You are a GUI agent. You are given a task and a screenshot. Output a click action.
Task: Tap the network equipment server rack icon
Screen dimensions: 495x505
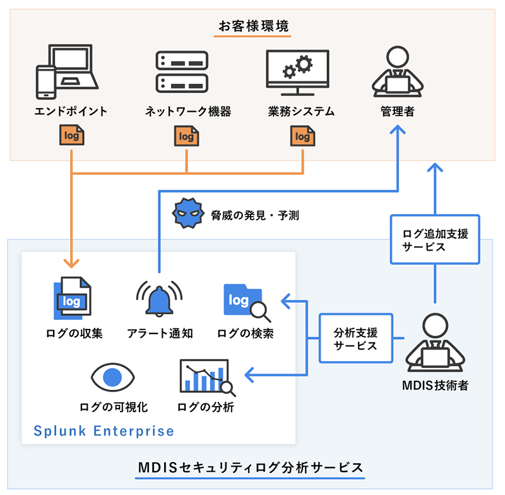pyautogui.click(x=182, y=71)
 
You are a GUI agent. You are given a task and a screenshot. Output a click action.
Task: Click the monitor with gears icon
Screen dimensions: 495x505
pyautogui.click(x=297, y=71)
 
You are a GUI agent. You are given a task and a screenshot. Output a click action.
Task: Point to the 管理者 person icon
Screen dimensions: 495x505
pyautogui.click(x=397, y=71)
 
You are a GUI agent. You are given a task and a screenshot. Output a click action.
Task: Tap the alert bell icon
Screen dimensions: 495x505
pyautogui.click(x=159, y=297)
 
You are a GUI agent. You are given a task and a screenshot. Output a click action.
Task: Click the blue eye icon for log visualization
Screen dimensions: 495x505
pyautogui.click(x=114, y=378)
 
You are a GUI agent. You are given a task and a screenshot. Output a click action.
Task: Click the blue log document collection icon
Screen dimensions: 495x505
pyautogui.click(x=71, y=298)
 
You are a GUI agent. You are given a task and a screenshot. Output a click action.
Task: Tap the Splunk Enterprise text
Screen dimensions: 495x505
pyautogui.click(x=104, y=431)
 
